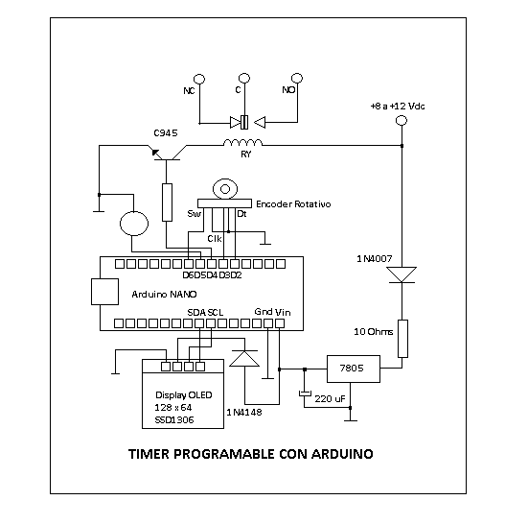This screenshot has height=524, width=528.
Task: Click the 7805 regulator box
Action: coord(354,369)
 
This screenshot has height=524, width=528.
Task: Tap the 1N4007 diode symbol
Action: coord(402,274)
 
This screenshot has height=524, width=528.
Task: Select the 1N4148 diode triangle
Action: coord(244,358)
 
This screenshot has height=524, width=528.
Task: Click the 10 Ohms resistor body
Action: coord(403,338)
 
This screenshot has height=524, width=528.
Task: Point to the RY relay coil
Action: coord(242,143)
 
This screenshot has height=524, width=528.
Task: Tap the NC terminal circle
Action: coord(199,79)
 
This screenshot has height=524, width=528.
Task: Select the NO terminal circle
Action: coord(297,79)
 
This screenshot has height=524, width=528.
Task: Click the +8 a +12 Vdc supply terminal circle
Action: coord(402,120)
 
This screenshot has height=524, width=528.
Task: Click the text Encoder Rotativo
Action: coord(293,204)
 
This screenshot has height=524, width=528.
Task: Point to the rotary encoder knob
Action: coord(225,189)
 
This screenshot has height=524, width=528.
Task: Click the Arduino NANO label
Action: coord(164,295)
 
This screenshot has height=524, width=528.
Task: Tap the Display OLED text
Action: coord(184,394)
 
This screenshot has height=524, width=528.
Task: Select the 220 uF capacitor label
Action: coord(330,399)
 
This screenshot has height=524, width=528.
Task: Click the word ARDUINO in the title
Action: coord(342,454)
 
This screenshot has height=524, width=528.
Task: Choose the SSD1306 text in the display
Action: coord(174,420)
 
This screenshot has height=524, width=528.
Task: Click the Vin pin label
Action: coord(283,312)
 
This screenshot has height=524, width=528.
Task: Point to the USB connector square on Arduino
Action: coord(104,292)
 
